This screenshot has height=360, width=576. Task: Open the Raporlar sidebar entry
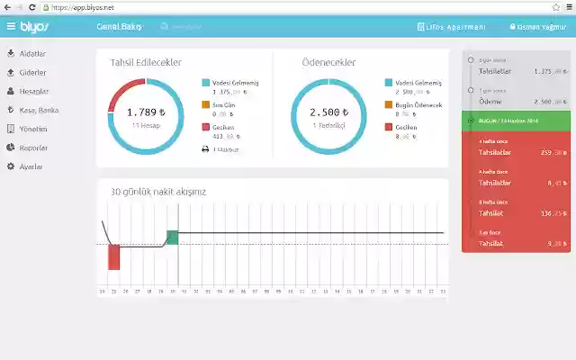coord(32,148)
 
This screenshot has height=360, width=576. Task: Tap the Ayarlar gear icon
coord(10,166)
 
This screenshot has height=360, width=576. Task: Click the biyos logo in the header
coord(37,27)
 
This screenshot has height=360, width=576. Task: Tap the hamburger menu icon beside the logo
coord(11,27)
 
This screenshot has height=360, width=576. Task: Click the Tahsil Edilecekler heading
coord(146,62)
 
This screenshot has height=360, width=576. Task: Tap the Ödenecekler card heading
coord(328,62)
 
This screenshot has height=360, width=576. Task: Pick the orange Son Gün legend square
coord(206,104)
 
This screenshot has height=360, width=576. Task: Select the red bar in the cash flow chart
coord(114,256)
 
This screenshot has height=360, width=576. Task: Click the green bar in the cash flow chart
coord(173,237)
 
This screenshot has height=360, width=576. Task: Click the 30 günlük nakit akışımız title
coord(158,192)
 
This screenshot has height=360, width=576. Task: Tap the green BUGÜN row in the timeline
coord(517,120)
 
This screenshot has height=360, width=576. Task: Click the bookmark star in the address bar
coord(556,6)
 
